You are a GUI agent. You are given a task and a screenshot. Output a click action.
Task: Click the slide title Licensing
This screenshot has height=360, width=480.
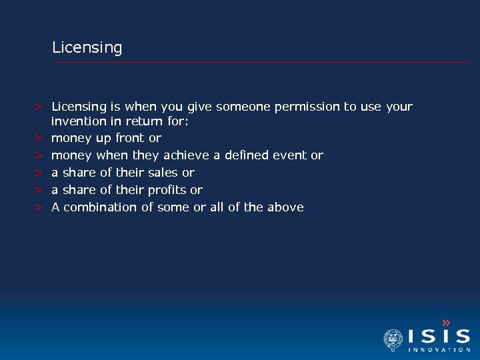point(87,48)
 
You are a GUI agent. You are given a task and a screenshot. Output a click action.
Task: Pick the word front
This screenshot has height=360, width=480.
point(130,138)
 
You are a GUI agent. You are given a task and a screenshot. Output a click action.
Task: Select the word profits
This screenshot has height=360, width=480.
point(167,190)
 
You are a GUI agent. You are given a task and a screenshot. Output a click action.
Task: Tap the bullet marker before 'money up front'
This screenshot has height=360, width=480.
point(39,138)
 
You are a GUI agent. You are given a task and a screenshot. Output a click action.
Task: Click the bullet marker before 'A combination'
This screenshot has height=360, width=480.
point(39,207)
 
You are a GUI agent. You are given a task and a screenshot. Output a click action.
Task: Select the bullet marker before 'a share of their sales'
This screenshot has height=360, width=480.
point(39,173)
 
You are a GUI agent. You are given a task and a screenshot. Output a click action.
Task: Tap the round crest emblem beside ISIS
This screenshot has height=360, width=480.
point(393,340)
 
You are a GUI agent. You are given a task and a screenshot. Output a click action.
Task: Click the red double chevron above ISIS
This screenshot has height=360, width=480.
point(447,323)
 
